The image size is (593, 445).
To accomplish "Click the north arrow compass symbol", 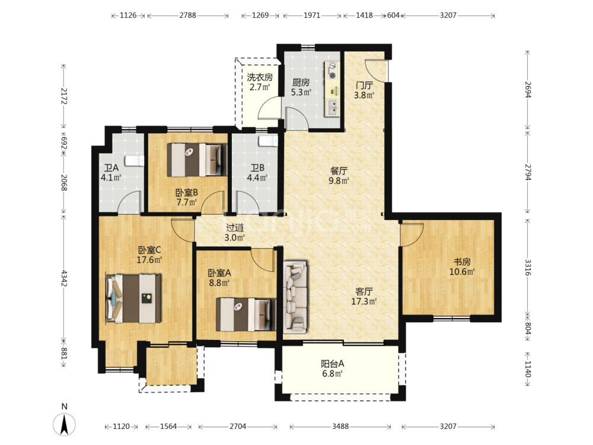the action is tap(64, 424).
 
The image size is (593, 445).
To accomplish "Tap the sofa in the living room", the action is tap(295, 296).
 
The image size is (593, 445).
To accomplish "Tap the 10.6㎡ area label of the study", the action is tap(462, 272).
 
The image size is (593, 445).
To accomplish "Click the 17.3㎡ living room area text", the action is tap(364, 301).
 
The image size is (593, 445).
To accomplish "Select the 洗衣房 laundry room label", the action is tap(260, 77).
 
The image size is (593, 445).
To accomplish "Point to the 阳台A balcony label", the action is tap(333, 364).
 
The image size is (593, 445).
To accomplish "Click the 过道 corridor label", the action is tap(235, 227).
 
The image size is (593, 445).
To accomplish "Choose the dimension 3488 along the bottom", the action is tap(340, 427).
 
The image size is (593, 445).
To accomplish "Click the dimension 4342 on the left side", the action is tap(63, 278).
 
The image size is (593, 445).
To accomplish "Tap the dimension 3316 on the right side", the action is tap(528, 267).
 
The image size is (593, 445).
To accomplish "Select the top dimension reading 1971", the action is tap(312, 15).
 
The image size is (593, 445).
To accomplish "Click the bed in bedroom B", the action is tap(197, 160).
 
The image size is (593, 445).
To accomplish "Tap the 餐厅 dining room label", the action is tap(339, 171).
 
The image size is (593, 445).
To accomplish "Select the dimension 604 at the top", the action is tap(393, 15).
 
